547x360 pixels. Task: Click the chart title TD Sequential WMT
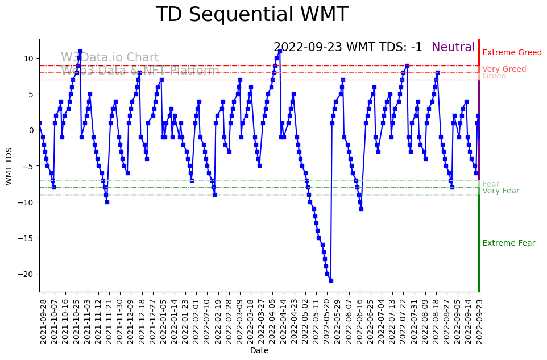(x=251, y=15)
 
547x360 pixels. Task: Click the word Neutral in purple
(x=453, y=48)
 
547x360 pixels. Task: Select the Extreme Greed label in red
(x=512, y=53)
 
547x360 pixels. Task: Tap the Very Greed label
(x=504, y=69)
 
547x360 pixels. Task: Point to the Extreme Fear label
(x=508, y=243)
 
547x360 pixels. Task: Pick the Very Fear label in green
(x=500, y=191)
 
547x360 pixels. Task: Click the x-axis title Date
(x=259, y=351)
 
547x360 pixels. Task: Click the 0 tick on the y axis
(x=32, y=130)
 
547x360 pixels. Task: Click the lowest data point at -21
(x=331, y=280)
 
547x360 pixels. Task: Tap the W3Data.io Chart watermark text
(x=110, y=58)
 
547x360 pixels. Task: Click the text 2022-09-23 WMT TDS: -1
(x=347, y=48)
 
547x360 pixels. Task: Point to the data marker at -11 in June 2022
(x=361, y=209)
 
